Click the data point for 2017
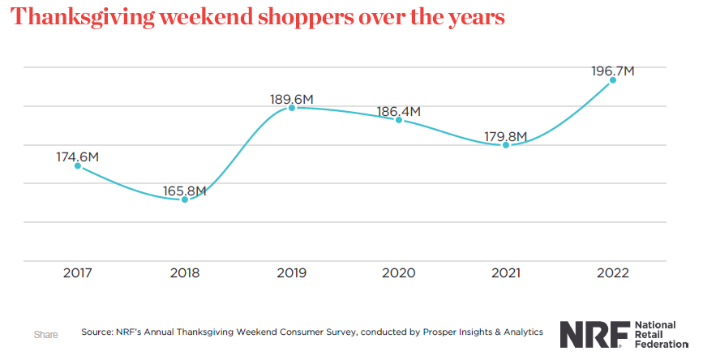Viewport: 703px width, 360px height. pyautogui.click(x=78, y=165)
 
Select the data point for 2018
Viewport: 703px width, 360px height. pyautogui.click(x=185, y=199)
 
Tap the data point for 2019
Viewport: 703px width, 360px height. pyautogui.click(x=292, y=107)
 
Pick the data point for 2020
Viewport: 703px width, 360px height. pyautogui.click(x=399, y=119)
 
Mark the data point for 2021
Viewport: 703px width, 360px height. pyautogui.click(x=506, y=144)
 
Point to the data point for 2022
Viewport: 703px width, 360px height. pyautogui.click(x=613, y=79)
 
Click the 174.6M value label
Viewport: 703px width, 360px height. pyautogui.click(x=78, y=156)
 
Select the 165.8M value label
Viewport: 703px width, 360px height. pyautogui.click(x=185, y=191)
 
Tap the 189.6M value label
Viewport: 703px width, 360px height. pyautogui.click(x=292, y=99)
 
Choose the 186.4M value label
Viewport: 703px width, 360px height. pyautogui.click(x=399, y=111)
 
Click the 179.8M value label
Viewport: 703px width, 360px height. pyautogui.click(x=506, y=136)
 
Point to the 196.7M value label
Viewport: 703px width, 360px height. pyautogui.click(x=613, y=71)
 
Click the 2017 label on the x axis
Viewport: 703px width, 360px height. pyautogui.click(x=78, y=273)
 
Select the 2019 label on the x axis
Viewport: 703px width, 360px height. pyautogui.click(x=292, y=273)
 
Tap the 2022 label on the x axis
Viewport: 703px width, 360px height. pyautogui.click(x=613, y=273)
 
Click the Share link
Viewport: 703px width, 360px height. pyautogui.click(x=45, y=334)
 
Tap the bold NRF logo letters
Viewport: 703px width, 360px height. pyautogui.click(x=592, y=333)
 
